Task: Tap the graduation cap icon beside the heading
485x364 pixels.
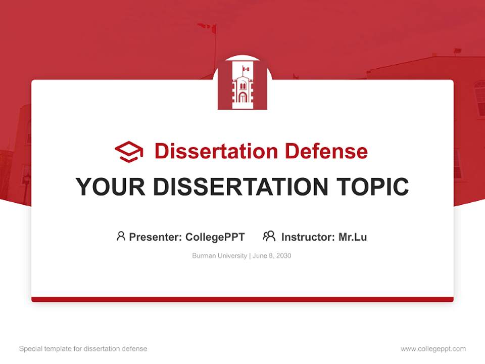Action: point(129,151)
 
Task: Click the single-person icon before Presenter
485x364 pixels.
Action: point(121,236)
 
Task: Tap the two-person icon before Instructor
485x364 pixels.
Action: point(269,236)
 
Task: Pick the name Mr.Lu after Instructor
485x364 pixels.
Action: point(353,237)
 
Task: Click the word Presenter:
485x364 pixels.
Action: point(156,237)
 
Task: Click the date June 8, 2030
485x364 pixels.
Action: point(272,256)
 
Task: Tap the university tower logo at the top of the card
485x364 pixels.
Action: point(242,86)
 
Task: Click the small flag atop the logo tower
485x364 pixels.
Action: point(246,69)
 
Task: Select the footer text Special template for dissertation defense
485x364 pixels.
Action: point(83,349)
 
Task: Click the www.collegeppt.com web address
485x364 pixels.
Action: point(433,349)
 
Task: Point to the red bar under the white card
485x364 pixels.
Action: point(243,299)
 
